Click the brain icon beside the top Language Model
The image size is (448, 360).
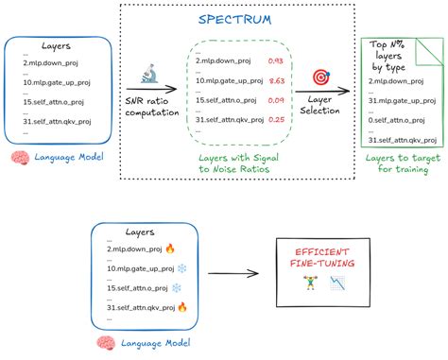(15, 159)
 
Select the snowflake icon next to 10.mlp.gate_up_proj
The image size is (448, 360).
(183, 268)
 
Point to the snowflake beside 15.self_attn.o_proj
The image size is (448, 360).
(175, 287)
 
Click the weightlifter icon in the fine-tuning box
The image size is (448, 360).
(309, 283)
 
